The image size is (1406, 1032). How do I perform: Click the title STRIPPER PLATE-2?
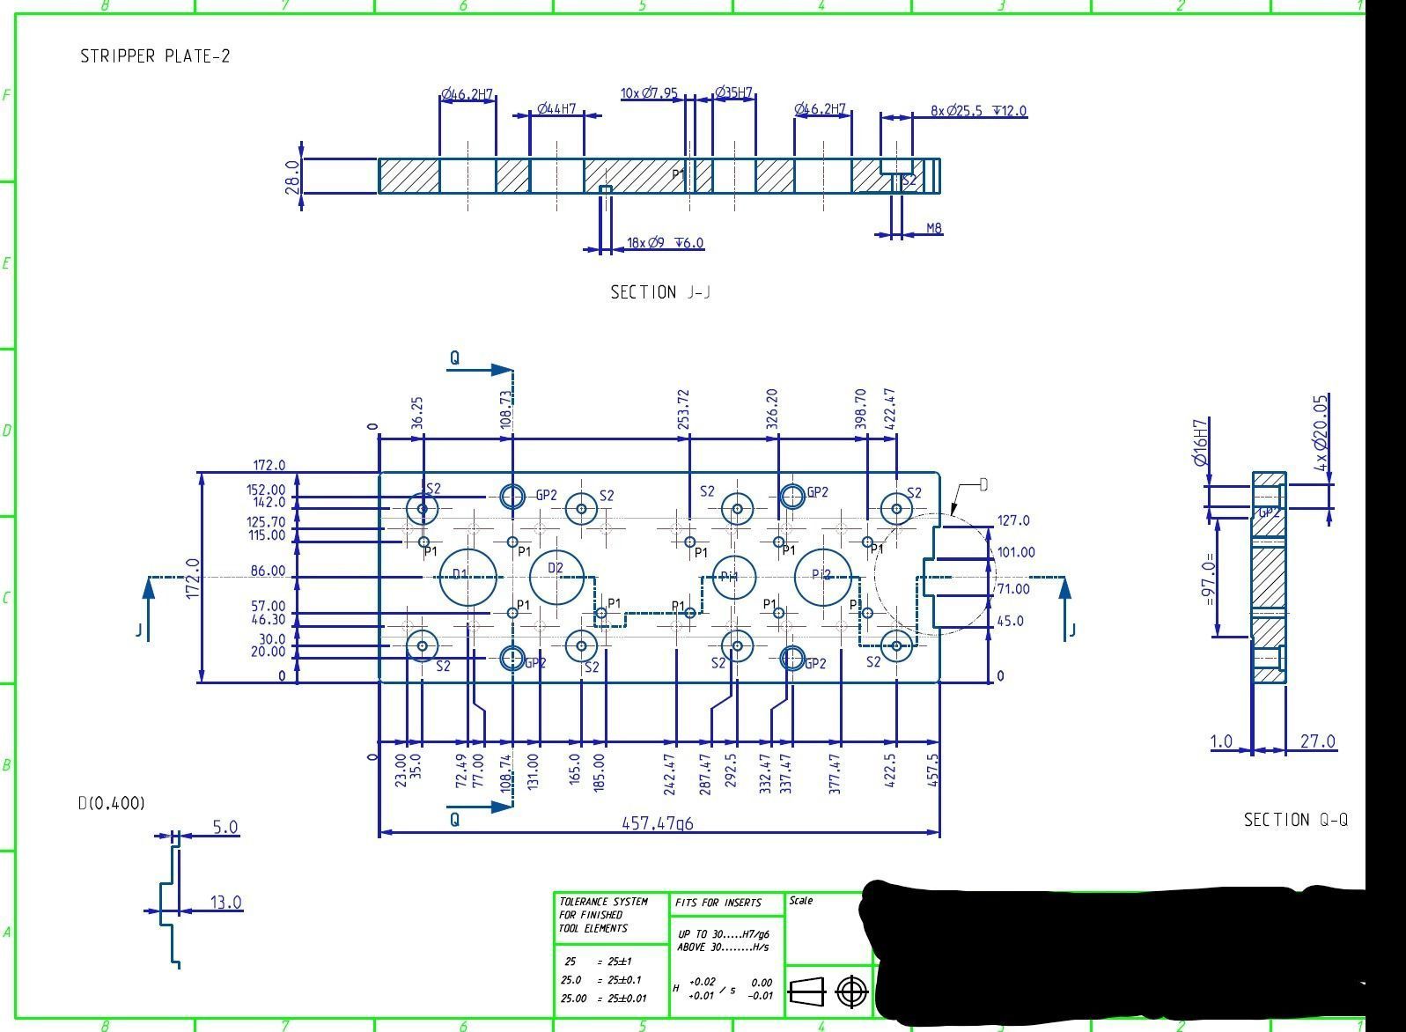click(x=155, y=56)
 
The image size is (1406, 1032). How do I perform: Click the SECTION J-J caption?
click(x=660, y=292)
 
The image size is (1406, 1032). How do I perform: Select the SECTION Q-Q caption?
click(x=1295, y=820)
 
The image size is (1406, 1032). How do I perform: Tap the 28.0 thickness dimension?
click(x=293, y=176)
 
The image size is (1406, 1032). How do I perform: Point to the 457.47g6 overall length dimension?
click(x=658, y=823)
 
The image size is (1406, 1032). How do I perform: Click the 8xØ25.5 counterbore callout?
click(x=978, y=111)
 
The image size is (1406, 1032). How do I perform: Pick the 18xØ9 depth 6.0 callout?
click(x=665, y=243)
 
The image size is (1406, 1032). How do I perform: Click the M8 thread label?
click(x=934, y=228)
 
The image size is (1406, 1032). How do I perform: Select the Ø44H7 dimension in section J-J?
click(x=556, y=109)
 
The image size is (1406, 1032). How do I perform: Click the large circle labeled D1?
click(x=467, y=577)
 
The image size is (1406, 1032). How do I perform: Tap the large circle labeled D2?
click(x=557, y=578)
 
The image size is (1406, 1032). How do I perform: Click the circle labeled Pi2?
click(x=822, y=577)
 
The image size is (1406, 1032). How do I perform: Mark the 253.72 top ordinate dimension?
click(x=684, y=409)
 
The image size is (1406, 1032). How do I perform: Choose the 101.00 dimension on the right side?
click(x=1016, y=552)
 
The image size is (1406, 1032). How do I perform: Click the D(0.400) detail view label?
click(x=112, y=803)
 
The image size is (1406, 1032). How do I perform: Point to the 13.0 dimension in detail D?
click(x=225, y=903)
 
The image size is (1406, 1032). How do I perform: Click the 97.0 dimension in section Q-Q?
click(x=1210, y=579)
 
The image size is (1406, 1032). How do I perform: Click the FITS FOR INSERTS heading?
click(x=718, y=903)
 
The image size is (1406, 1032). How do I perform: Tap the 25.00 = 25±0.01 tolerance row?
click(x=603, y=999)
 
